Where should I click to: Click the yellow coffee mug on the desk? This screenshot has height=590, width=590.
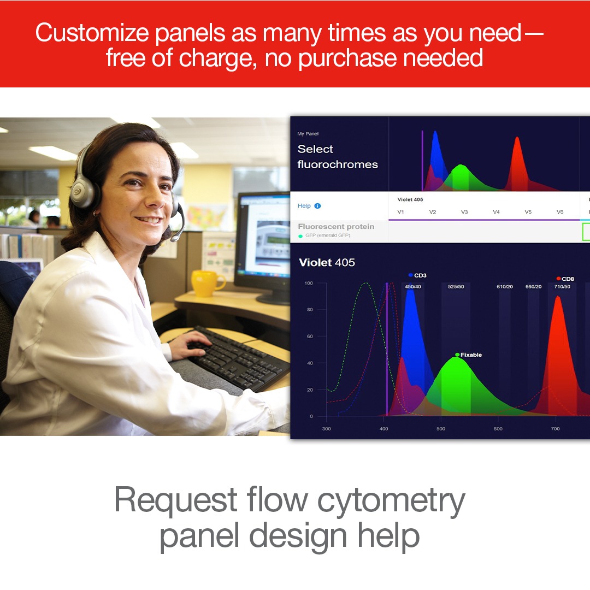[206, 283]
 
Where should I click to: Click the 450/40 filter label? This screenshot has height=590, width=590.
[413, 287]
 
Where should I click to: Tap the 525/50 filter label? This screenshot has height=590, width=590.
[456, 287]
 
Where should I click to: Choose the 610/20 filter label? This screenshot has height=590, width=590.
[505, 287]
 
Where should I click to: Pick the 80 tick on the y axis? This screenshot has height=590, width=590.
[310, 310]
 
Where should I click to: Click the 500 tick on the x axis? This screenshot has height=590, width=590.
[441, 429]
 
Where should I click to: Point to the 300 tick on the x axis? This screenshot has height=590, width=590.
[326, 429]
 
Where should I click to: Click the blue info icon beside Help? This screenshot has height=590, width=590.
[317, 206]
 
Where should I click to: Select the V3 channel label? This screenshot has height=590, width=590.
[464, 212]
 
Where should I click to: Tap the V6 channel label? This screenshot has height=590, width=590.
[560, 212]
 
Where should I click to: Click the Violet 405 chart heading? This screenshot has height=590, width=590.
[327, 262]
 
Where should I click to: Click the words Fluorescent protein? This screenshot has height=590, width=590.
[336, 227]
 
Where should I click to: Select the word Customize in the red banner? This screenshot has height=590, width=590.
[92, 33]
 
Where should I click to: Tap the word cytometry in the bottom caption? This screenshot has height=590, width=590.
[391, 501]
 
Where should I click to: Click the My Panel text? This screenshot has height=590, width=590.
[308, 134]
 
